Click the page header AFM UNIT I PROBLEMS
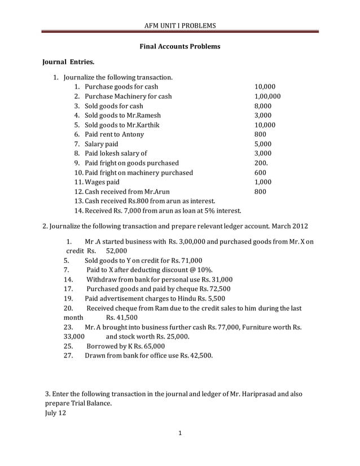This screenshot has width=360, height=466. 180,25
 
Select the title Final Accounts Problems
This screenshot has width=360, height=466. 179,46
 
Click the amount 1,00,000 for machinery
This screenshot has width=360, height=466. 267,96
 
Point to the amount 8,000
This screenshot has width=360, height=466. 263,106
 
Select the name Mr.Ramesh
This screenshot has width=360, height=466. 135,116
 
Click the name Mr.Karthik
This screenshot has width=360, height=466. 136,125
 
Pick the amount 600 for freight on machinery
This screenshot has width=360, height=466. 260,173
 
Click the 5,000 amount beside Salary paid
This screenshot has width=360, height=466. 263,144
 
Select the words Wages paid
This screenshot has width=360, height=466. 102,182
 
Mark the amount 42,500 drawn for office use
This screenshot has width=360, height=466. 199,356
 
